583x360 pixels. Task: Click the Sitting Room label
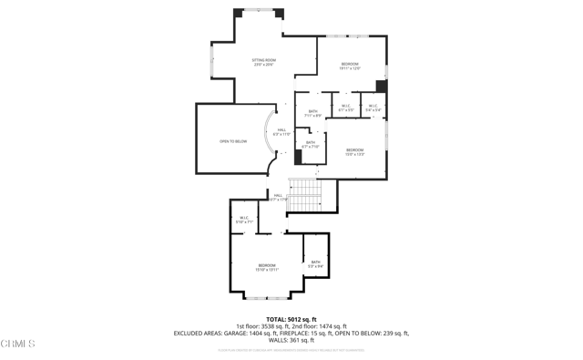tap(263, 62)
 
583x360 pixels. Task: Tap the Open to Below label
tap(233, 141)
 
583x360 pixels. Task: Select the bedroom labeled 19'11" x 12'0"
tap(350, 66)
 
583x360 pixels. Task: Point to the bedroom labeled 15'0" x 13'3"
tap(354, 151)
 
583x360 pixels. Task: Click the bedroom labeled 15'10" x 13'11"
tap(266, 267)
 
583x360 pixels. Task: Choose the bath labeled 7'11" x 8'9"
tap(312, 114)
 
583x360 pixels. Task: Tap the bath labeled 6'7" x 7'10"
tap(310, 144)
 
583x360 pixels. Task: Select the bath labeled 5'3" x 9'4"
tap(315, 264)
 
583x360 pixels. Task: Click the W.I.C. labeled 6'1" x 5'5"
tap(346, 108)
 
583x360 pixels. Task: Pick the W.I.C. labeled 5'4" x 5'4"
tap(373, 108)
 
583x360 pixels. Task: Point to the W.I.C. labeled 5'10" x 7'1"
tap(244, 220)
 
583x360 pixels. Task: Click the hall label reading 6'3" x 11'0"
tap(281, 132)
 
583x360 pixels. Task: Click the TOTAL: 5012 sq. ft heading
tap(291, 319)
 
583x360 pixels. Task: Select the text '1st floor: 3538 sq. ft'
tap(263, 326)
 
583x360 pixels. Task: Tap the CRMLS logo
tap(18, 344)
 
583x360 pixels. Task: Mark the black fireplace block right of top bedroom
tap(381, 87)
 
